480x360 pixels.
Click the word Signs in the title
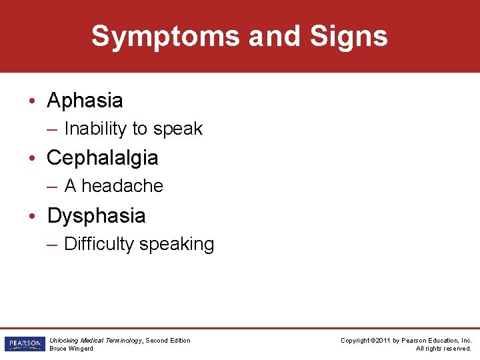tap(349, 36)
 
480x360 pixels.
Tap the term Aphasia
tap(85, 101)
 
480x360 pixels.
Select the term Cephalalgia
tap(102, 158)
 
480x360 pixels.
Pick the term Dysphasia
tap(96, 216)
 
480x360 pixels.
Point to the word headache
tap(122, 186)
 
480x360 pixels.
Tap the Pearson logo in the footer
tap(23, 344)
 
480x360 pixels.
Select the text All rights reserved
tap(443, 349)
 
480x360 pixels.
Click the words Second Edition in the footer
tap(168, 341)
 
